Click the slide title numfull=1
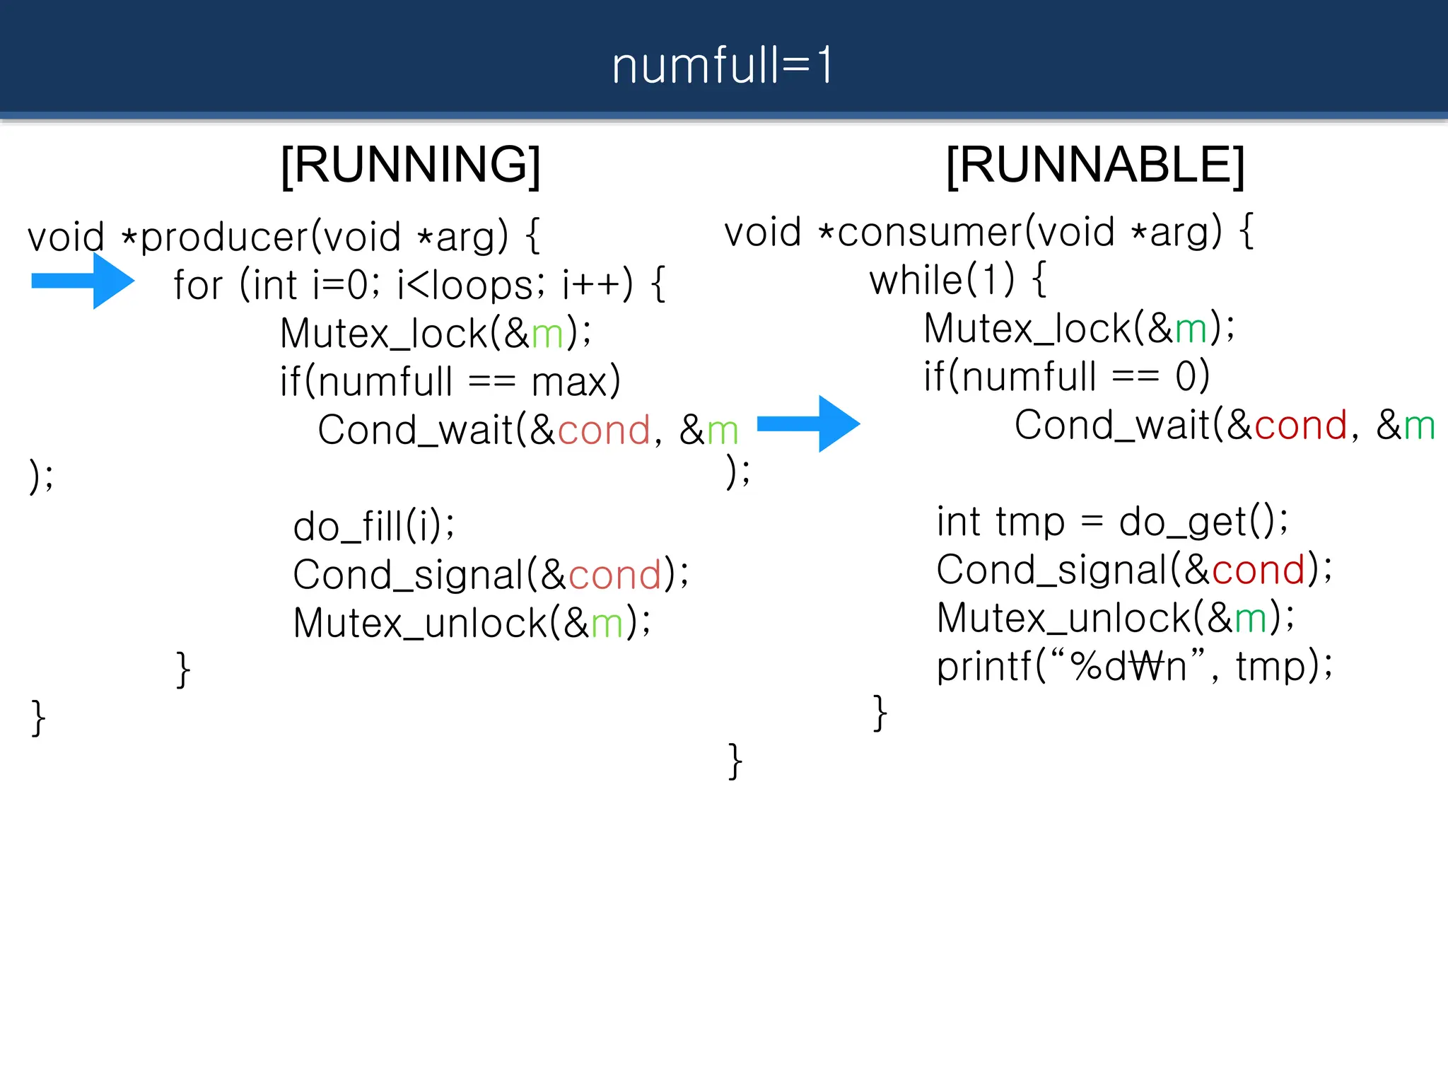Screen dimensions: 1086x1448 tap(723, 65)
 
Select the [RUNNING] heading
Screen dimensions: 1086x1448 tap(411, 165)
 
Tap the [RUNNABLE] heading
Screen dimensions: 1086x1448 tap(1095, 165)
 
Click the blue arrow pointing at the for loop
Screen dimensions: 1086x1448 tap(83, 281)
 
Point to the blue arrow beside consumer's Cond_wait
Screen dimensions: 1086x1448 tap(809, 424)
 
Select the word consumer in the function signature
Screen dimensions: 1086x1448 tap(930, 233)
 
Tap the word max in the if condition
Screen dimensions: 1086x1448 tap(570, 383)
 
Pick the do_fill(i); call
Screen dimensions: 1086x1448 tap(374, 526)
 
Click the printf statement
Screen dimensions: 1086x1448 tap(1134, 666)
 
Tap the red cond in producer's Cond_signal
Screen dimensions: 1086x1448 tap(614, 575)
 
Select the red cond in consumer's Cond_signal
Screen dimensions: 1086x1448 tap(1258, 570)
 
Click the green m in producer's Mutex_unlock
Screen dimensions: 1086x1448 tap(607, 624)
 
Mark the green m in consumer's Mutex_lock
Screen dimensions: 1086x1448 tap(1191, 329)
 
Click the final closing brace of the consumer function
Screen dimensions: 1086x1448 tap(735, 761)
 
